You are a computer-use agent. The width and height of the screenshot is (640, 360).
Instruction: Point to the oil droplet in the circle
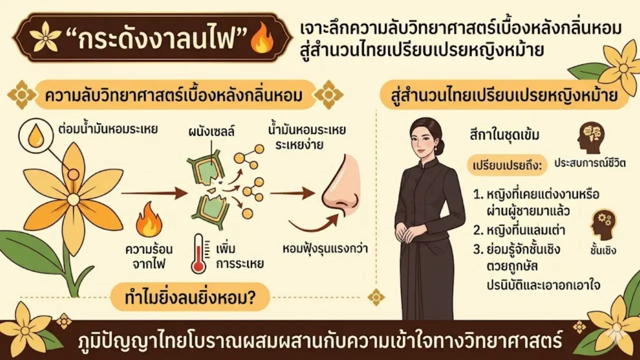coord(35,137)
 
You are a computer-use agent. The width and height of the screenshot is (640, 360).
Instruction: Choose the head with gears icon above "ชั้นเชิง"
coord(602,224)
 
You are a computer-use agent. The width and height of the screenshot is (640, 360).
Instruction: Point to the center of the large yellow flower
coord(73,199)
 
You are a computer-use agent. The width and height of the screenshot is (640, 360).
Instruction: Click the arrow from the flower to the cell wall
coord(150,191)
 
